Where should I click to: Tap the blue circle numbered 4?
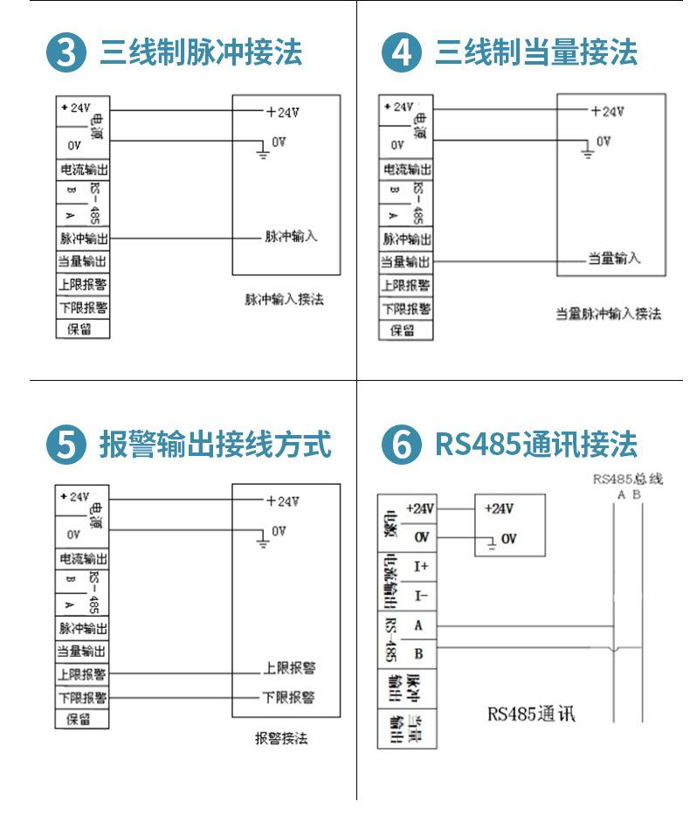(401, 54)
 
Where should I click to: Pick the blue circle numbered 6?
(401, 445)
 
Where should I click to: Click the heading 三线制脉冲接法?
(201, 52)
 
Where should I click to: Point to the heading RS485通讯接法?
(536, 444)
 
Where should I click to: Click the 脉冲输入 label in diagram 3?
(291, 237)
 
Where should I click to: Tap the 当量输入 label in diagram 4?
(613, 259)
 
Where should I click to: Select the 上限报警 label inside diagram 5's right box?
(289, 668)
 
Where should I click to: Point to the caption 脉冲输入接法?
(284, 300)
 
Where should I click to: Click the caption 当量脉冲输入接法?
(609, 314)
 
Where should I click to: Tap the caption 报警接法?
(281, 739)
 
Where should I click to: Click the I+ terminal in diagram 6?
(421, 566)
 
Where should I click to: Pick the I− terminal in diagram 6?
(421, 596)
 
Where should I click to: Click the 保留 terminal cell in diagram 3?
(82, 329)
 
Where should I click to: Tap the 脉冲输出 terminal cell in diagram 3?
(83, 238)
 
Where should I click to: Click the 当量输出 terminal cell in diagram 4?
(405, 261)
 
